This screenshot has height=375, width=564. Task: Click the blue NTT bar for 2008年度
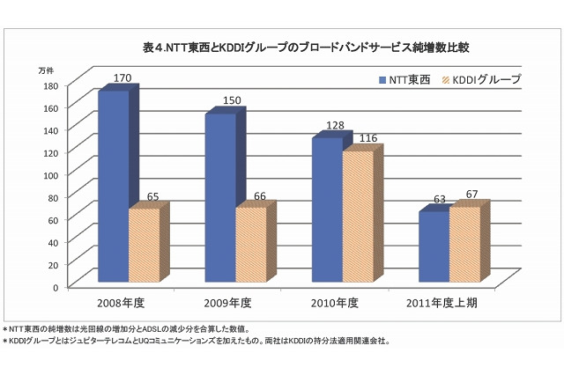(x=113, y=187)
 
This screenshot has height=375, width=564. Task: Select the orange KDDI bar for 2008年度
(x=144, y=246)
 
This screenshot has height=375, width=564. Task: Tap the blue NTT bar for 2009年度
(x=220, y=199)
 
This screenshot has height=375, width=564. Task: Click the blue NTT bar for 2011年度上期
(x=434, y=248)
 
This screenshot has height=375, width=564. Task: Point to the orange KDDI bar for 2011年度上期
(x=464, y=246)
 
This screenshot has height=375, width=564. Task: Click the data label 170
(x=123, y=78)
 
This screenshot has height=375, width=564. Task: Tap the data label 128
(x=335, y=126)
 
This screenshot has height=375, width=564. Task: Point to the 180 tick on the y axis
(x=50, y=85)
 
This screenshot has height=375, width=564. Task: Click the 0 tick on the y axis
(x=55, y=287)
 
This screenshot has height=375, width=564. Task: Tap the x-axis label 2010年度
(x=334, y=304)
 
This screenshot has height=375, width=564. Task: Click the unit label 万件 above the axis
(x=46, y=70)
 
